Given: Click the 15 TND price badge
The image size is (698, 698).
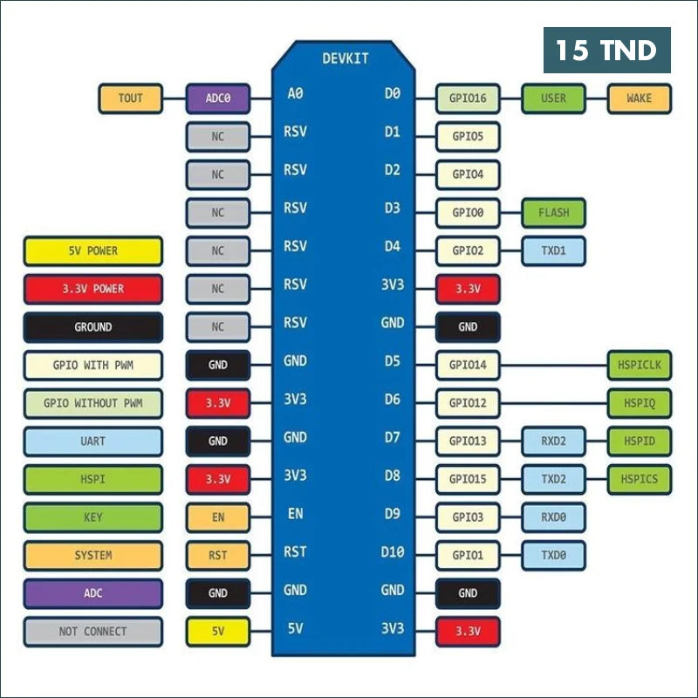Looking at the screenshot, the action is coord(606,50).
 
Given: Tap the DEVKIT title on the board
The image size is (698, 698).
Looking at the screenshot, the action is coord(346,58).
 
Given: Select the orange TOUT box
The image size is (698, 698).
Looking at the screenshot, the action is coord(130,99).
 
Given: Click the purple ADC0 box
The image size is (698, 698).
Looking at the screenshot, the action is coord(217,99).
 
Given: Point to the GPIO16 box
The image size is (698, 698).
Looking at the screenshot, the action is coord(468,99).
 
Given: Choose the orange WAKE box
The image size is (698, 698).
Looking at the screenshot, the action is coord(640,99).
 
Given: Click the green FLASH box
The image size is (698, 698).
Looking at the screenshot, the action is coord(553,213).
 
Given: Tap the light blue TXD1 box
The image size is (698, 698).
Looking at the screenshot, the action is coord(553,251).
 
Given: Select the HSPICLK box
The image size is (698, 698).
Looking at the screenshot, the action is coord(640,365).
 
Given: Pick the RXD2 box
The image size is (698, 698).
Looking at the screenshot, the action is coord(553,441).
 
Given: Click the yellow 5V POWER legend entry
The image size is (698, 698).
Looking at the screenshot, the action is coord(93,251).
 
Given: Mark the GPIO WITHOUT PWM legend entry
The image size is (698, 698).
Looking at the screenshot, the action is coord(93,403).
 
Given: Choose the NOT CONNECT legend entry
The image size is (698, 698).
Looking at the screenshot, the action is coord(93,632).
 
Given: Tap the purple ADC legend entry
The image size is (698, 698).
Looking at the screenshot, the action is coord(93,593).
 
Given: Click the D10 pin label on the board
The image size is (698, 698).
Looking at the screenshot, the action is coord(392,552).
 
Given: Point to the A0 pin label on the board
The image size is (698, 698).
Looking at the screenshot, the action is coord(295,93).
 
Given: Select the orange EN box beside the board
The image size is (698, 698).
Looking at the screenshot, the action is coord(217,517).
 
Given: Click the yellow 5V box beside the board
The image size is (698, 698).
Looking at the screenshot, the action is coord(217,632).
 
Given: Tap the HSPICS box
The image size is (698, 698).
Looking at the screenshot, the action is coord(640,479).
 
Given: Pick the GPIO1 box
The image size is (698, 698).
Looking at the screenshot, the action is coord(468,556).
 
